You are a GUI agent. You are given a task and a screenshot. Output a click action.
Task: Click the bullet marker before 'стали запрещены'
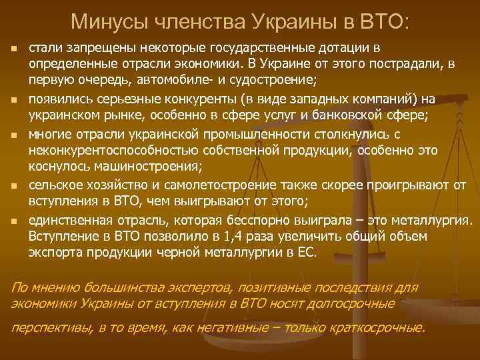pyautogui.click(x=13, y=50)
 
